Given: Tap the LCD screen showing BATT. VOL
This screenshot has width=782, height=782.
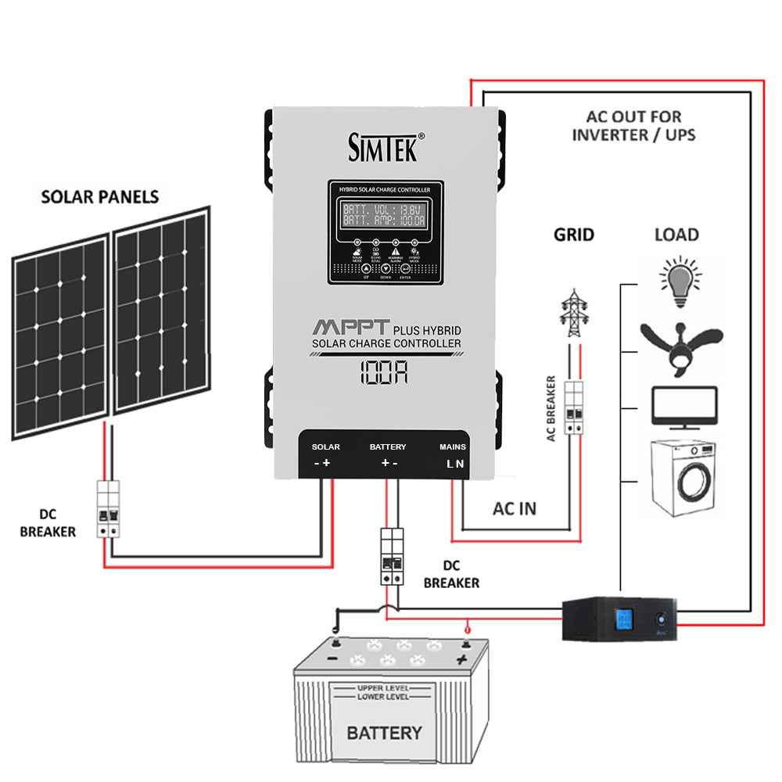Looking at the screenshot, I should tap(385, 215).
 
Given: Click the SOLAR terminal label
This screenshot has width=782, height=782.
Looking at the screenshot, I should tap(325, 447).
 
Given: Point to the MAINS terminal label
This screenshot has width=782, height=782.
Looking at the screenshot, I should tap(453, 447).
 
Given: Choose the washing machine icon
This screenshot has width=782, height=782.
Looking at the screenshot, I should tap(683, 479).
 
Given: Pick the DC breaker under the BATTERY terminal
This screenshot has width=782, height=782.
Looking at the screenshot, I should tap(391, 556).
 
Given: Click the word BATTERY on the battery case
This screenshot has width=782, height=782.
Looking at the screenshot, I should tap(384, 733).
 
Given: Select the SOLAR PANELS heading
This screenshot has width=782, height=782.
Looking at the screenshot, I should tap(99, 196).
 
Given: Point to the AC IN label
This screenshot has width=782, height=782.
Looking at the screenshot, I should tap(514, 508).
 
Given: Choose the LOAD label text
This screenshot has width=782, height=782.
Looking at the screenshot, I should tap(676, 235).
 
